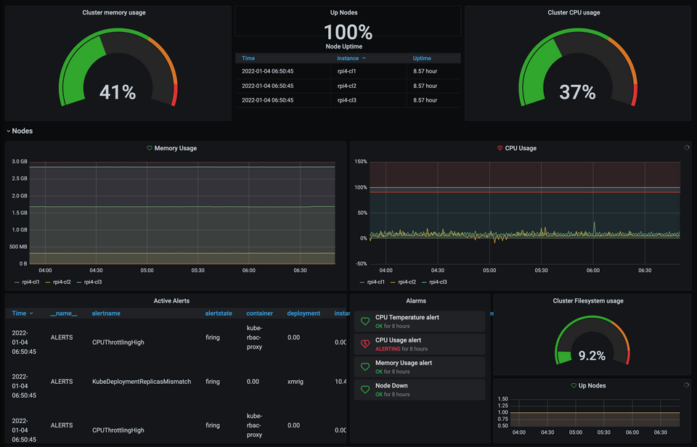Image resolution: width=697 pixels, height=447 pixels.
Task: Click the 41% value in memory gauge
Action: (x=118, y=92)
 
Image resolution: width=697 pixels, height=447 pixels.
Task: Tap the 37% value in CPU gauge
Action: (x=577, y=92)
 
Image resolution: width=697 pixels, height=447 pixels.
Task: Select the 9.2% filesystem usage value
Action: (x=592, y=356)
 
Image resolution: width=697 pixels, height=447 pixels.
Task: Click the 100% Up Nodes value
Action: (x=348, y=32)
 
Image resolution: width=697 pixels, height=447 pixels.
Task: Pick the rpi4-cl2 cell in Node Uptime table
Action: (x=347, y=86)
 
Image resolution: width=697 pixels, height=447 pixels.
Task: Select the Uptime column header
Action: (x=422, y=58)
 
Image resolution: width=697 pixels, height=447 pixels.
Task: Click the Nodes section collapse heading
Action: (x=22, y=131)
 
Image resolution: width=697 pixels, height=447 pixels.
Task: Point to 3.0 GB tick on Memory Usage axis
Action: (x=20, y=161)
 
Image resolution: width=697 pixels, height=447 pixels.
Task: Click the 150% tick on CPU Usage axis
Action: (x=360, y=161)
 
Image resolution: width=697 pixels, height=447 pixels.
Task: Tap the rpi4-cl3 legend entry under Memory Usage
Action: (x=92, y=282)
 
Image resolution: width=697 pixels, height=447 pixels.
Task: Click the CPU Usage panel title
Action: (x=521, y=148)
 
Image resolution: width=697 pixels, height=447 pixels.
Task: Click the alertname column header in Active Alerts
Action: (x=106, y=313)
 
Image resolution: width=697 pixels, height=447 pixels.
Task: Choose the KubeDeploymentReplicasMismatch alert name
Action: (x=142, y=381)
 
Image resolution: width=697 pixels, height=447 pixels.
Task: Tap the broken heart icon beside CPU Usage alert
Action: (x=365, y=344)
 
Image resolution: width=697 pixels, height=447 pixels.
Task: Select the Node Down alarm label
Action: (x=391, y=385)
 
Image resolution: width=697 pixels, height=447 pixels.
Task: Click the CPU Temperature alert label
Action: (x=407, y=317)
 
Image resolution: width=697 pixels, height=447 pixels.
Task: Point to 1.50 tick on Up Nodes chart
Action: (x=502, y=399)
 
